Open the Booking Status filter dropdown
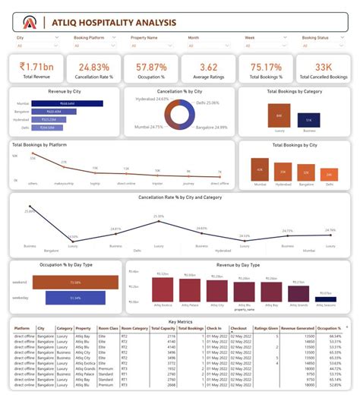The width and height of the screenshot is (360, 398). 322,45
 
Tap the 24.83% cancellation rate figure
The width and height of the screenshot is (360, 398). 94,67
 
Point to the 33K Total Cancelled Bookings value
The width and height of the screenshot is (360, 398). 323,67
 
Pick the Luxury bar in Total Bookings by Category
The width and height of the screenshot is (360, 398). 279,116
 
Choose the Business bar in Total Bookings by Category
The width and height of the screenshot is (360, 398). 308,119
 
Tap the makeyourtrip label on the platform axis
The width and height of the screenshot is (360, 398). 63,183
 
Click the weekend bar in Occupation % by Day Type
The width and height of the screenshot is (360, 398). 75,283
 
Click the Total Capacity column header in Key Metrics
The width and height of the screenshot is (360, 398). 165,328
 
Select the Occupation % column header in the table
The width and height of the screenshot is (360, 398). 329,328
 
